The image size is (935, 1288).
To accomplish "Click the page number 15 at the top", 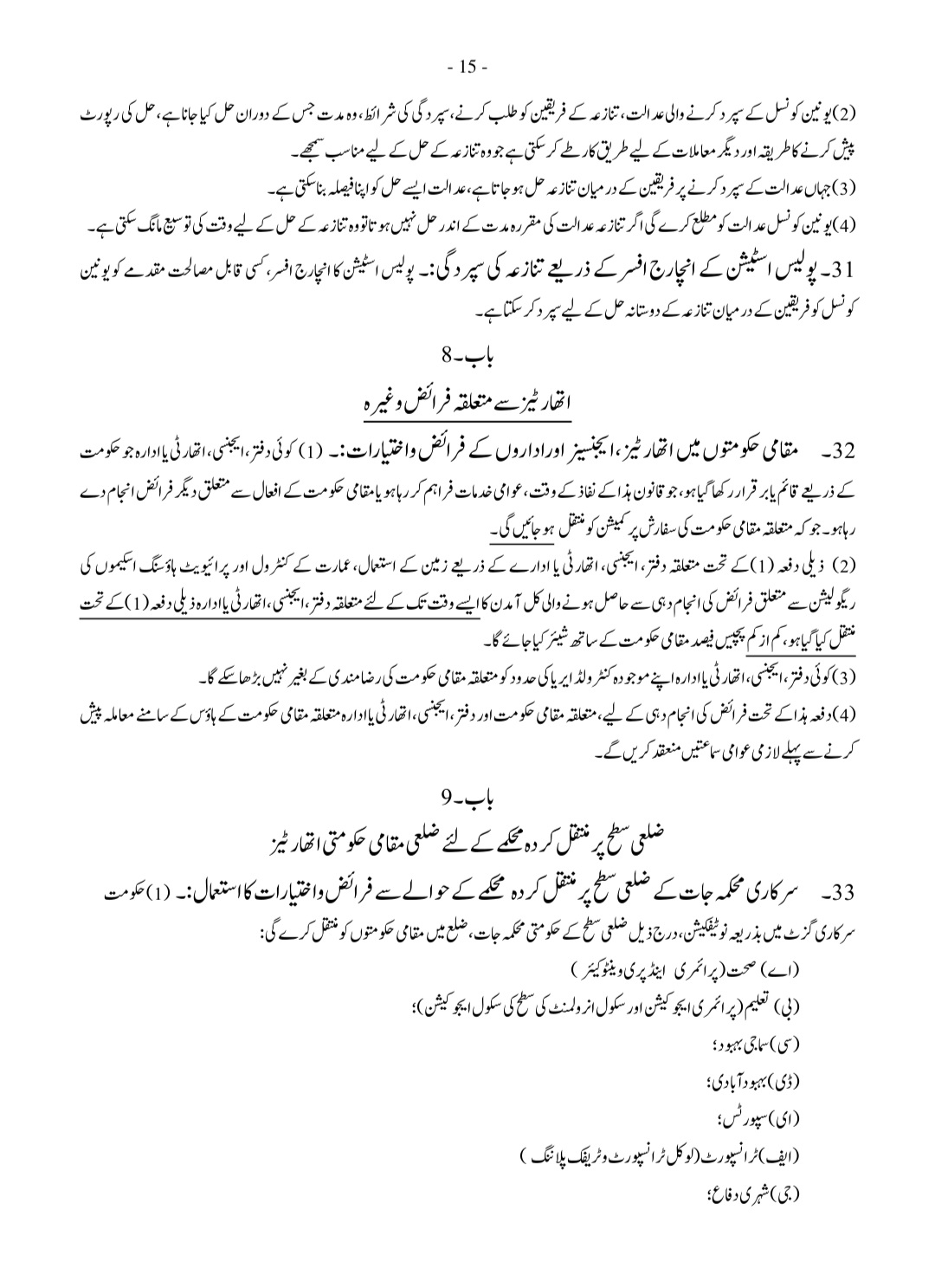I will point(467,67).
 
